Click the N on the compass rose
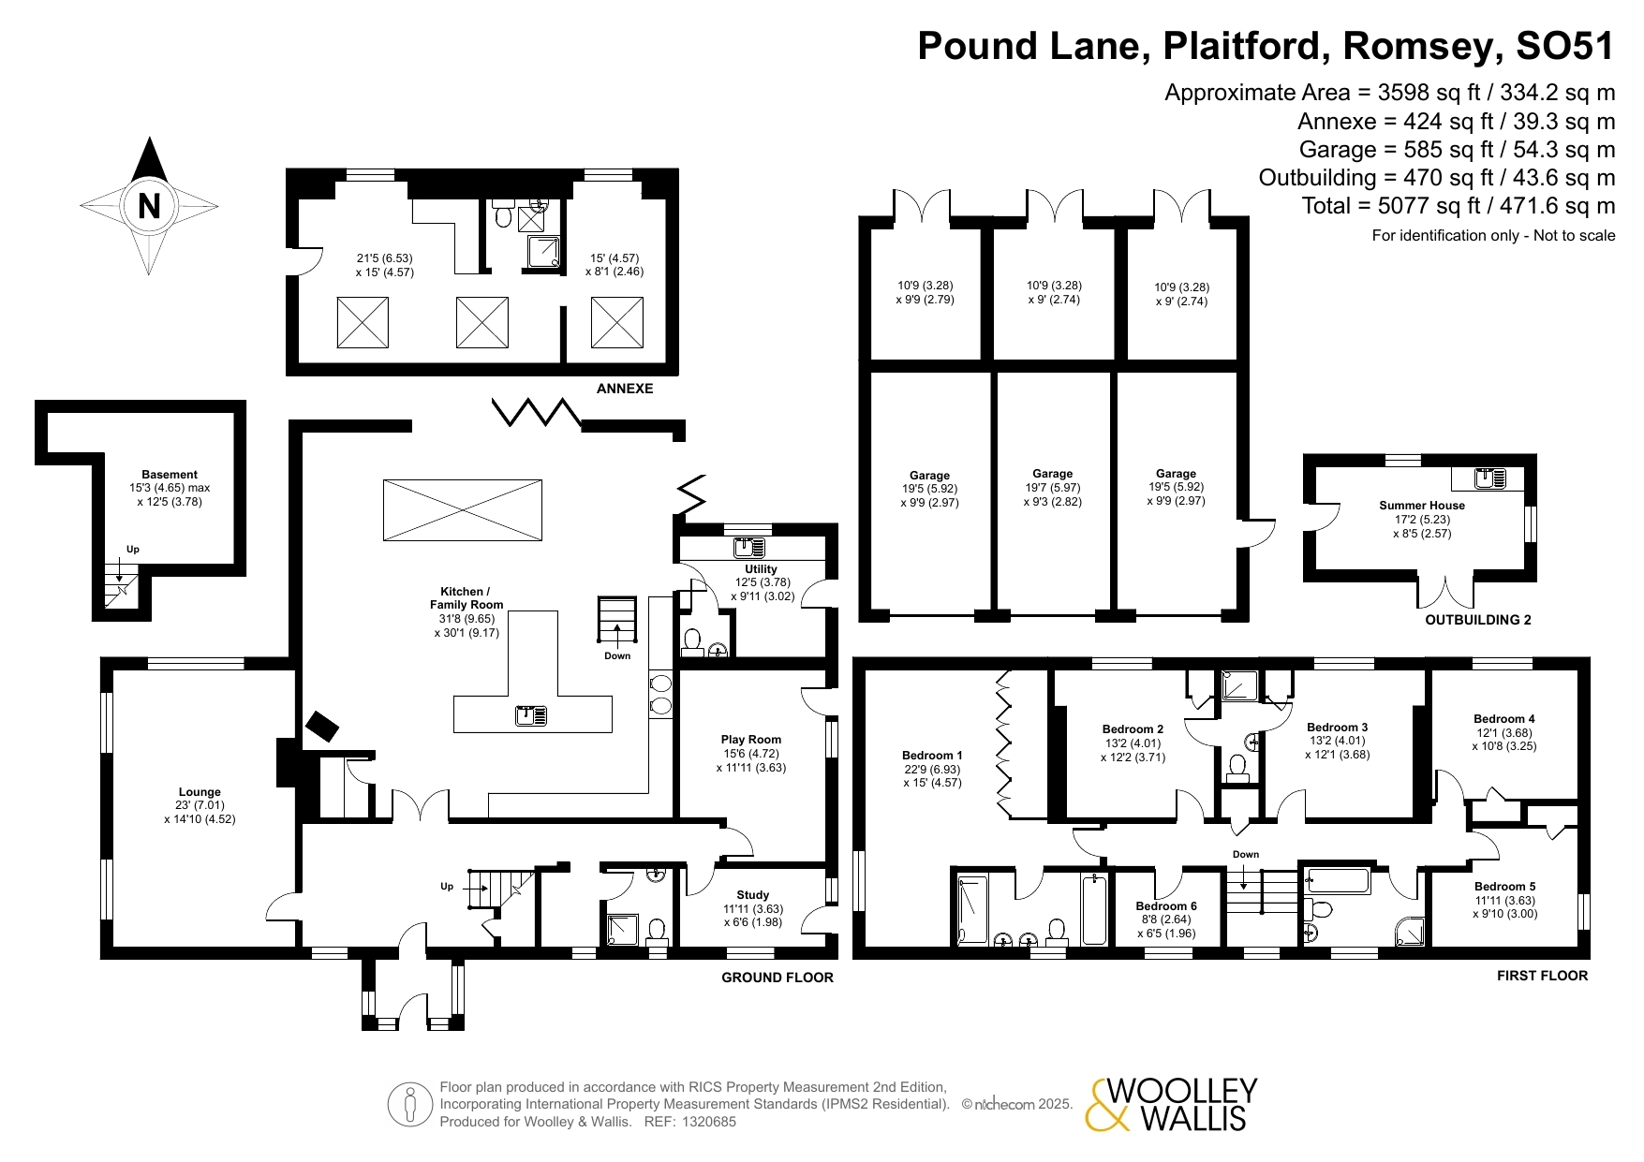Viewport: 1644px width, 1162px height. [149, 205]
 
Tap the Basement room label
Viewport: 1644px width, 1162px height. [170, 475]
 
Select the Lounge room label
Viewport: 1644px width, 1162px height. [200, 792]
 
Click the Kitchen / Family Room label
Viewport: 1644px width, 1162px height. [467, 598]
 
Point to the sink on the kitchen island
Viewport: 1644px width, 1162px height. [532, 716]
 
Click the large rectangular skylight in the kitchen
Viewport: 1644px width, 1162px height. [463, 510]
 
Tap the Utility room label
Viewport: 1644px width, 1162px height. [761, 569]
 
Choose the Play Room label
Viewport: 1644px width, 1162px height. [751, 740]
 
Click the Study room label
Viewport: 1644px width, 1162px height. [753, 895]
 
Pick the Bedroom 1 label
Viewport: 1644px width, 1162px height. [932, 756]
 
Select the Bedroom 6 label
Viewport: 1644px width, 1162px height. [1166, 906]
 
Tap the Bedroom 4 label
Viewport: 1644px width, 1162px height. [1504, 719]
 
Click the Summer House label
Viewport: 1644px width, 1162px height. [1422, 506]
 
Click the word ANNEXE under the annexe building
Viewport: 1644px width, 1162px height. [625, 389]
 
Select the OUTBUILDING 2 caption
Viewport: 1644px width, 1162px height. [1478, 620]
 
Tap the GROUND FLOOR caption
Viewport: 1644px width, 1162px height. [778, 978]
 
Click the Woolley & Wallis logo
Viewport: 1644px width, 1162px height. [1171, 1105]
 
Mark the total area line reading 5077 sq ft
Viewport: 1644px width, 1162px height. [1459, 206]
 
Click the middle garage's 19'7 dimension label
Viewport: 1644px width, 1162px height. [1052, 488]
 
